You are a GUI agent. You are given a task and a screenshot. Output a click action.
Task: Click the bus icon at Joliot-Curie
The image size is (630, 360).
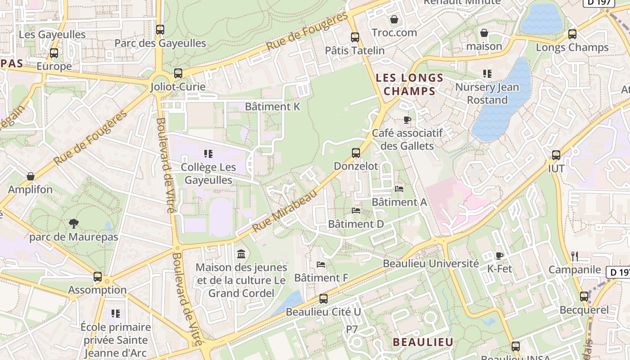[x=178, y=73]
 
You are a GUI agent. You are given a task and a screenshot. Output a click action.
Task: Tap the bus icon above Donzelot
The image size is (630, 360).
[x=356, y=153]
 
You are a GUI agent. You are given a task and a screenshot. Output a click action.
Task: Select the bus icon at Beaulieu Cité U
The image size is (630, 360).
[x=323, y=298]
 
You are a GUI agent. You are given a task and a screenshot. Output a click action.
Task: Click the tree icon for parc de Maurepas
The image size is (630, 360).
[x=74, y=224]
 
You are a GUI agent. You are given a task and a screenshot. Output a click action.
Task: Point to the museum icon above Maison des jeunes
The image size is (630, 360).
[x=241, y=254]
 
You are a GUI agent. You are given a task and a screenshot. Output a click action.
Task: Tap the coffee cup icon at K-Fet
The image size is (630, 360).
[x=499, y=256]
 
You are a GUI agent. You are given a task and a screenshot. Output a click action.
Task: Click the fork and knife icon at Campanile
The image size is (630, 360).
[x=574, y=256]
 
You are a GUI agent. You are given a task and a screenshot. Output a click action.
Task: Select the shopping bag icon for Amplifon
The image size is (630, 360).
[x=31, y=176]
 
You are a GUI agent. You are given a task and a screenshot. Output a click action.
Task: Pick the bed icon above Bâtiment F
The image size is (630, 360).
[x=321, y=265]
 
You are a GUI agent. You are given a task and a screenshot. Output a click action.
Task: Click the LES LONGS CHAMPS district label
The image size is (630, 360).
[x=409, y=85]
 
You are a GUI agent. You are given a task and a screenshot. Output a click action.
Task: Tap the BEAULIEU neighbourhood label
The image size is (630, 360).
[x=423, y=342]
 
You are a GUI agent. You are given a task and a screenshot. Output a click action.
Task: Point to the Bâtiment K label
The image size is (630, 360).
[x=272, y=107]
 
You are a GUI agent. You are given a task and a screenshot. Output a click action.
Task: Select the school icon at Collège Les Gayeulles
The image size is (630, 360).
[x=208, y=154]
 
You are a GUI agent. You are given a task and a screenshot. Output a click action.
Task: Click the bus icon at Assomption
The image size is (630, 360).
[x=98, y=277]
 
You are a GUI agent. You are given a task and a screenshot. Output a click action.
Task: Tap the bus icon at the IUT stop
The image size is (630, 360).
[x=556, y=155]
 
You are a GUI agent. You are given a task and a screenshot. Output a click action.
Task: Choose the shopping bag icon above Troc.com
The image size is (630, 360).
[x=394, y=19]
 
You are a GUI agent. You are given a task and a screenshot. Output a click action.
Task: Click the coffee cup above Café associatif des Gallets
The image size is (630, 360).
[x=407, y=120]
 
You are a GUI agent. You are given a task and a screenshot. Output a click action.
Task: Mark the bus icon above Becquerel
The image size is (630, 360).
[x=584, y=297]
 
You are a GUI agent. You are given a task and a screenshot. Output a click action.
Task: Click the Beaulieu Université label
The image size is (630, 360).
[x=431, y=264]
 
